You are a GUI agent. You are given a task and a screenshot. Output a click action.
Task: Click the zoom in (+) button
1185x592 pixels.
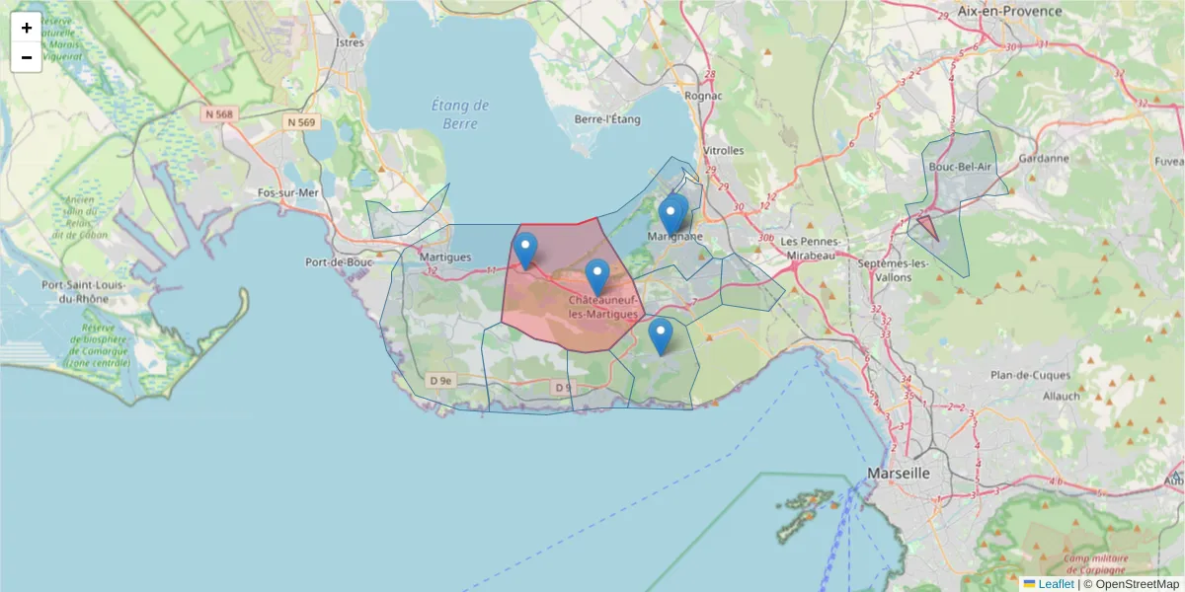coord(27,28)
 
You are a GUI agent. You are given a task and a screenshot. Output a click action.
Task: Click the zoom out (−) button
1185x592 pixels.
coord(27,57)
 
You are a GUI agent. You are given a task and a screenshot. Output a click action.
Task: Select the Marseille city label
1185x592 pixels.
coord(899,474)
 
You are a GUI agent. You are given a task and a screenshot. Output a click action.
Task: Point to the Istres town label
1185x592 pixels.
coord(351,42)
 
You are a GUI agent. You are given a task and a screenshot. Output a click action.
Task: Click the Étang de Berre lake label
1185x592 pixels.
coord(461,114)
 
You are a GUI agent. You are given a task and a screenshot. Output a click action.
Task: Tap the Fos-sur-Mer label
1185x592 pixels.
coord(288,192)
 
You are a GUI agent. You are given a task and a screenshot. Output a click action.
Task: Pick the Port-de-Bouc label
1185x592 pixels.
coord(339,262)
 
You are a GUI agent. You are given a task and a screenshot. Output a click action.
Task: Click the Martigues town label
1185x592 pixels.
coord(445,257)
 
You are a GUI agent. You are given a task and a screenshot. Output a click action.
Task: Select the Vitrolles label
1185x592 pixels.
coord(722,151)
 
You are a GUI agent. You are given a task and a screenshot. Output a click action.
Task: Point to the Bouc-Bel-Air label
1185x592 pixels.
coord(960,167)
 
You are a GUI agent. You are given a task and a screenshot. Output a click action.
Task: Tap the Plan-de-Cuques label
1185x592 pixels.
coord(1028,375)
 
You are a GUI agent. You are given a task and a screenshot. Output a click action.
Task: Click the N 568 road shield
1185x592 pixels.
coord(219,114)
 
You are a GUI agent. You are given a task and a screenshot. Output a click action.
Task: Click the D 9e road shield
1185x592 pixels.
coord(440,380)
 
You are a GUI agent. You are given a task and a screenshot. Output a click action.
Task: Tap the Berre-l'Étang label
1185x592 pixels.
coord(607,119)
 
